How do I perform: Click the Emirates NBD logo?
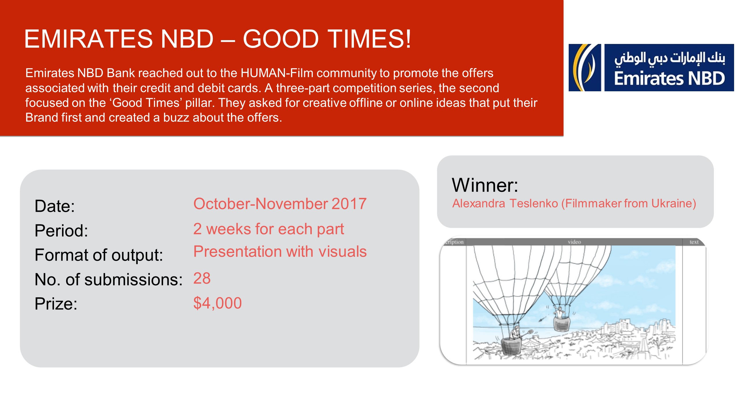pos(651,68)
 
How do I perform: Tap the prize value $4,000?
pos(217,303)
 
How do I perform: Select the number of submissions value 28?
pos(202,278)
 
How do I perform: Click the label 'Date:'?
pos(55,206)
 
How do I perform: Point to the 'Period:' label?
pos(61,231)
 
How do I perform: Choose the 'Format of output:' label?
pos(99,255)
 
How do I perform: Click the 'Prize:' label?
pos(56,304)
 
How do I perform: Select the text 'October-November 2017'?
pos(280,204)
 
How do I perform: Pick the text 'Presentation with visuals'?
pos(280,251)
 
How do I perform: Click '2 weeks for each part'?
pos(269,229)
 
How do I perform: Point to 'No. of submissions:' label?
pos(109,280)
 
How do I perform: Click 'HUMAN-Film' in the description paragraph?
pos(277,73)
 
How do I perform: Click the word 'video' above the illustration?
pos(574,242)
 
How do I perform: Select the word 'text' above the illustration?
pos(694,242)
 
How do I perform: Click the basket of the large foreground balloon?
pos(512,346)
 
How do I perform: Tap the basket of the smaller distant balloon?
pos(562,324)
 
